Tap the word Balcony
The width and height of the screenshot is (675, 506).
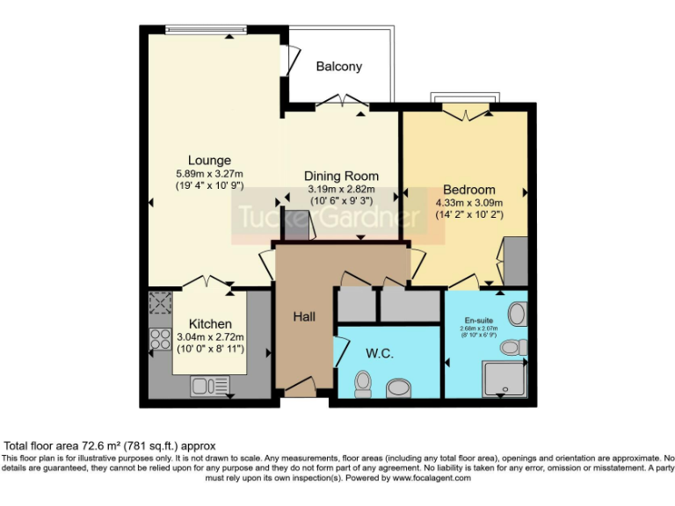tap(338, 67)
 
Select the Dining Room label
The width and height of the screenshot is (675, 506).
tap(341, 176)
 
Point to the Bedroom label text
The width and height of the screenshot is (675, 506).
tap(468, 190)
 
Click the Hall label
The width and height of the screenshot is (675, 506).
tap(305, 316)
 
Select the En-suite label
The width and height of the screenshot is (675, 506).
tap(479, 321)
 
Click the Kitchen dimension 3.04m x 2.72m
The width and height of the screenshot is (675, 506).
tap(210, 336)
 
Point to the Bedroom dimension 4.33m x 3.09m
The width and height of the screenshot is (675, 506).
tap(468, 203)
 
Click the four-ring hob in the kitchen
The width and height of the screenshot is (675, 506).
tap(161, 338)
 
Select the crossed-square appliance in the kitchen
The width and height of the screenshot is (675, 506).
tap(161, 304)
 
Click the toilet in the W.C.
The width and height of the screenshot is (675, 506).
tap(361, 383)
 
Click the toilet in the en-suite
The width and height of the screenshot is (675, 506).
tap(518, 312)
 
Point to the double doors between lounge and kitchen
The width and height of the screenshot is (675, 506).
tap(207, 283)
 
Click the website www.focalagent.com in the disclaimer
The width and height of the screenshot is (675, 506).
tap(432, 479)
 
